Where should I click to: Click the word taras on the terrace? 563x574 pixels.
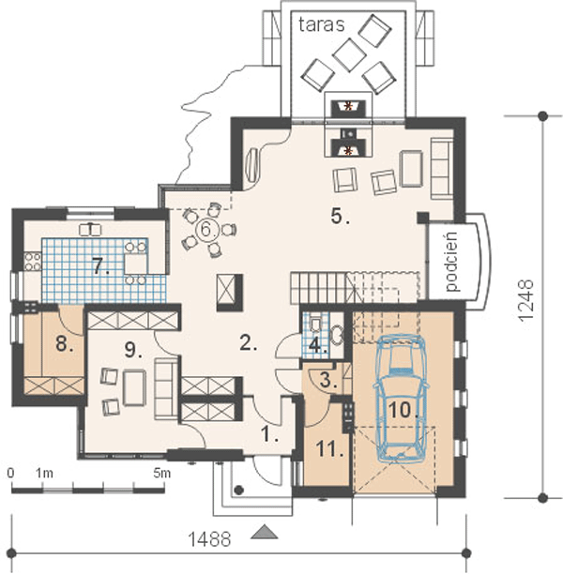pyautogui.click(x=321, y=25)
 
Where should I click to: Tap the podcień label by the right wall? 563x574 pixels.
pyautogui.click(x=452, y=262)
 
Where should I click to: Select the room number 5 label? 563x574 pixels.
pyautogui.click(x=341, y=216)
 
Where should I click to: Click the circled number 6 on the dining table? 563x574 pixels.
pyautogui.click(x=205, y=230)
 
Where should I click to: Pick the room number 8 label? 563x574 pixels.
pyautogui.click(x=65, y=343)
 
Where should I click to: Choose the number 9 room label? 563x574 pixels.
pyautogui.click(x=133, y=350)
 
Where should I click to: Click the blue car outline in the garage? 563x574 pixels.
pyautogui.click(x=401, y=397)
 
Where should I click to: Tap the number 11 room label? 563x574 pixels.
pyautogui.click(x=329, y=449)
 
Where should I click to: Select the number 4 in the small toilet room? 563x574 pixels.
pyautogui.click(x=317, y=345)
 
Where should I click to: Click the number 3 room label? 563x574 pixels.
pyautogui.click(x=328, y=380)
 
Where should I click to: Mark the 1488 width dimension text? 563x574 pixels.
pyautogui.click(x=209, y=539)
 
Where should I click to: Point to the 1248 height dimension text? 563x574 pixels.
pyautogui.click(x=526, y=300)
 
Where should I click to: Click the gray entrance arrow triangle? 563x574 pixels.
pyautogui.click(x=264, y=532)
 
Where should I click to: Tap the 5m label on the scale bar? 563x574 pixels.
pyautogui.click(x=162, y=473)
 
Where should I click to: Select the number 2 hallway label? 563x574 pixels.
pyautogui.click(x=249, y=343)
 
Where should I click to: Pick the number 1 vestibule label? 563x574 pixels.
pyautogui.click(x=270, y=434)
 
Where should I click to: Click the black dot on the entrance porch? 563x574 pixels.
pyautogui.click(x=239, y=490)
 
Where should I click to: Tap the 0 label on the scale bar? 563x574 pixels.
pyautogui.click(x=10, y=473)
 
